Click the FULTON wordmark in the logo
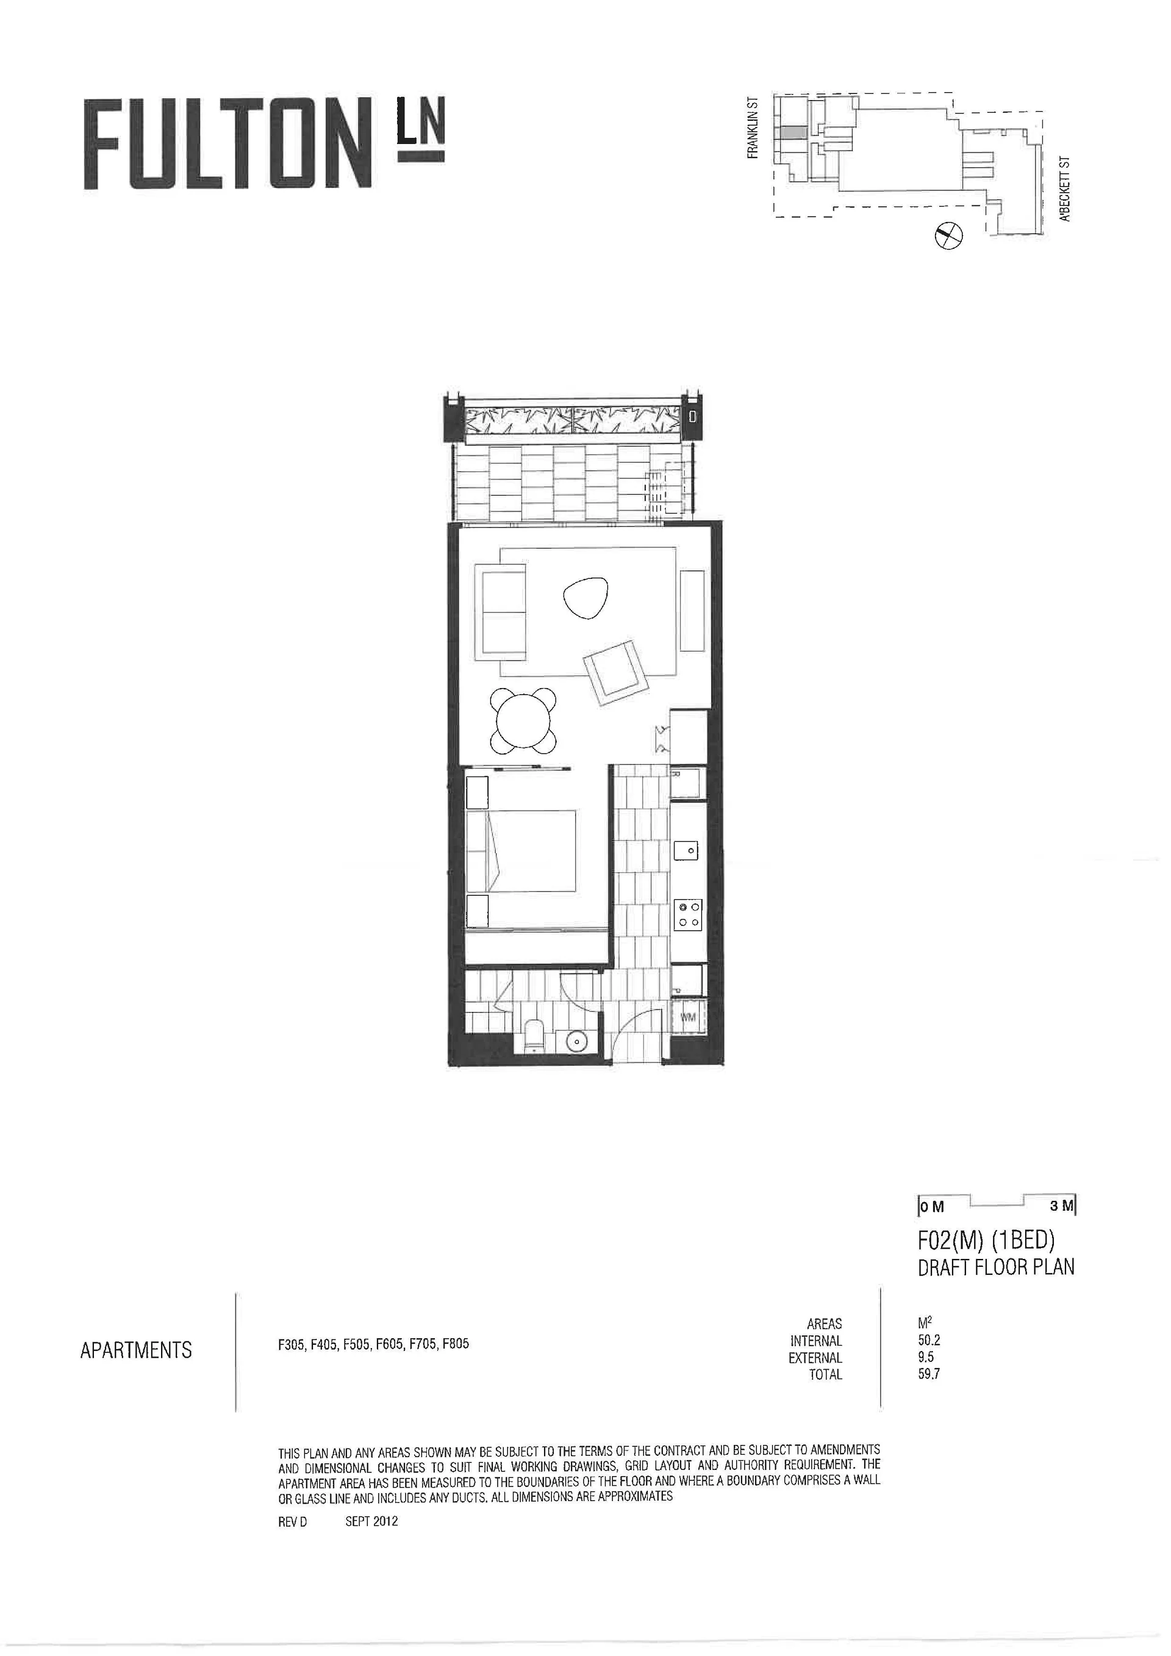coord(229,146)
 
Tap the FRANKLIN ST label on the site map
coord(753,131)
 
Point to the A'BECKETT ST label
coord(1069,190)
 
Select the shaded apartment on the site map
coord(792,134)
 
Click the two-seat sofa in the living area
coord(500,612)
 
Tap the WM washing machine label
coord(689,1017)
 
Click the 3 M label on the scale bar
coord(1061,1206)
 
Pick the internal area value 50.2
coord(929,1341)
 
